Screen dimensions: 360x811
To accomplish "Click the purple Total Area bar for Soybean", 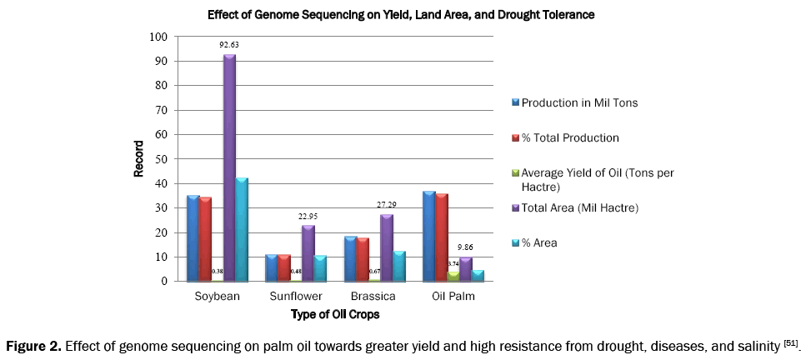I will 228,167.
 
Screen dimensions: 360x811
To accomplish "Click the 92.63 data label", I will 228,46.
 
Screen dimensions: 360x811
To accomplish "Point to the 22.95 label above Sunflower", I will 308,215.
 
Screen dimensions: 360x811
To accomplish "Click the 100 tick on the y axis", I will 156,37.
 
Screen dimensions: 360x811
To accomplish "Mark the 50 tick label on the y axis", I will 158,159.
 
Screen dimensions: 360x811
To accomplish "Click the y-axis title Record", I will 138,158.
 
